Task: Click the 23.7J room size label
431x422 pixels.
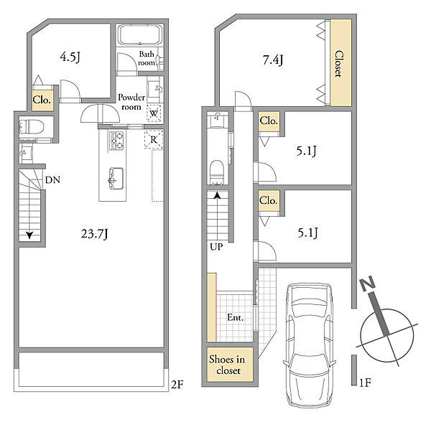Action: pos(95,234)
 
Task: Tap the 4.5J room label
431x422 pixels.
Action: pos(70,57)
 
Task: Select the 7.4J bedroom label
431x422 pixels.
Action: pos(273,60)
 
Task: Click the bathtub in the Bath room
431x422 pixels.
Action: pos(139,34)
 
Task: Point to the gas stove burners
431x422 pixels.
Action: pos(116,141)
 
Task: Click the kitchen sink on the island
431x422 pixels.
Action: pos(116,178)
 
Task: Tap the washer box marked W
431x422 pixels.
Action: pos(154,113)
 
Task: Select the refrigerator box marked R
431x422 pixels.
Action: pos(154,139)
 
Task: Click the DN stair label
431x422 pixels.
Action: pos(52,180)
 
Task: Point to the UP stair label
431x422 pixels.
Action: pos(216,247)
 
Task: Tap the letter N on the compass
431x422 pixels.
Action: pos(368,283)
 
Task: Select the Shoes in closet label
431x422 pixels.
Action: pos(227,365)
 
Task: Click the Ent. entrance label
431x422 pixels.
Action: pos(236,318)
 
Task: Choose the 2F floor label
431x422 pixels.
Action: pos(177,385)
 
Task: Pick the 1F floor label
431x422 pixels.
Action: pos(366,383)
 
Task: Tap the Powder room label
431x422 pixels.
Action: pos(131,102)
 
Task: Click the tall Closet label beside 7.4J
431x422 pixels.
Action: pos(339,64)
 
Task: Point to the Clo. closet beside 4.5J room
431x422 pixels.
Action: pos(42,100)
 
